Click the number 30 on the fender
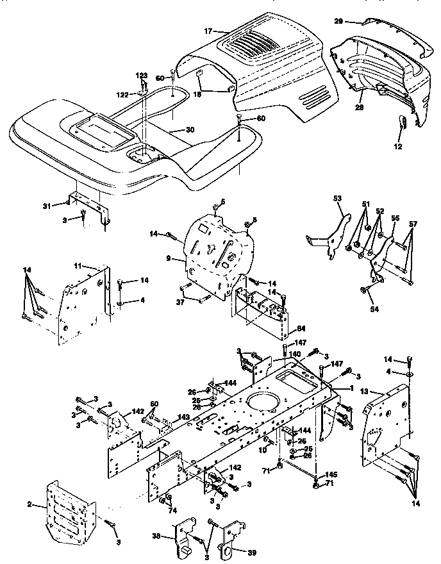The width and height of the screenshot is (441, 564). (189, 130)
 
